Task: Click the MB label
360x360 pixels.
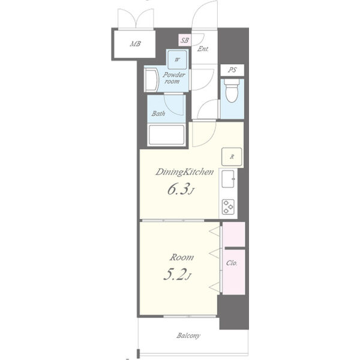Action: (x=135, y=44)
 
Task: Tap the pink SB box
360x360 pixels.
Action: (x=184, y=40)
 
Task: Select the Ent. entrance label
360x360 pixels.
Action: (x=203, y=49)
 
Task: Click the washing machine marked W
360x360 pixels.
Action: (x=177, y=59)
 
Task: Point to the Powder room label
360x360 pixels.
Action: (x=174, y=78)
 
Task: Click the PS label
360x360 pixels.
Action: (x=232, y=70)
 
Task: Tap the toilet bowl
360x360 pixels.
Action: (x=232, y=91)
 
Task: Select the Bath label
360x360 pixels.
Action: (x=158, y=113)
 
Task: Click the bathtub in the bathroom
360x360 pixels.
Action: (x=166, y=135)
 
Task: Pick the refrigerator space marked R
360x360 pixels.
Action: (x=232, y=157)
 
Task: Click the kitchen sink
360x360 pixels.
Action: (x=228, y=179)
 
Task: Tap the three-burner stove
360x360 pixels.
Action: (x=228, y=207)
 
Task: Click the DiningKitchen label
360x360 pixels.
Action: (x=185, y=172)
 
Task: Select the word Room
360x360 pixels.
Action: (x=181, y=257)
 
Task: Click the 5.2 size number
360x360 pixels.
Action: (x=177, y=274)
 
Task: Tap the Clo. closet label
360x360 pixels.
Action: (x=232, y=263)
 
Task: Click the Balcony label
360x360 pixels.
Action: (x=188, y=335)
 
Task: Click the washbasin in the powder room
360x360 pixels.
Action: (x=151, y=79)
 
